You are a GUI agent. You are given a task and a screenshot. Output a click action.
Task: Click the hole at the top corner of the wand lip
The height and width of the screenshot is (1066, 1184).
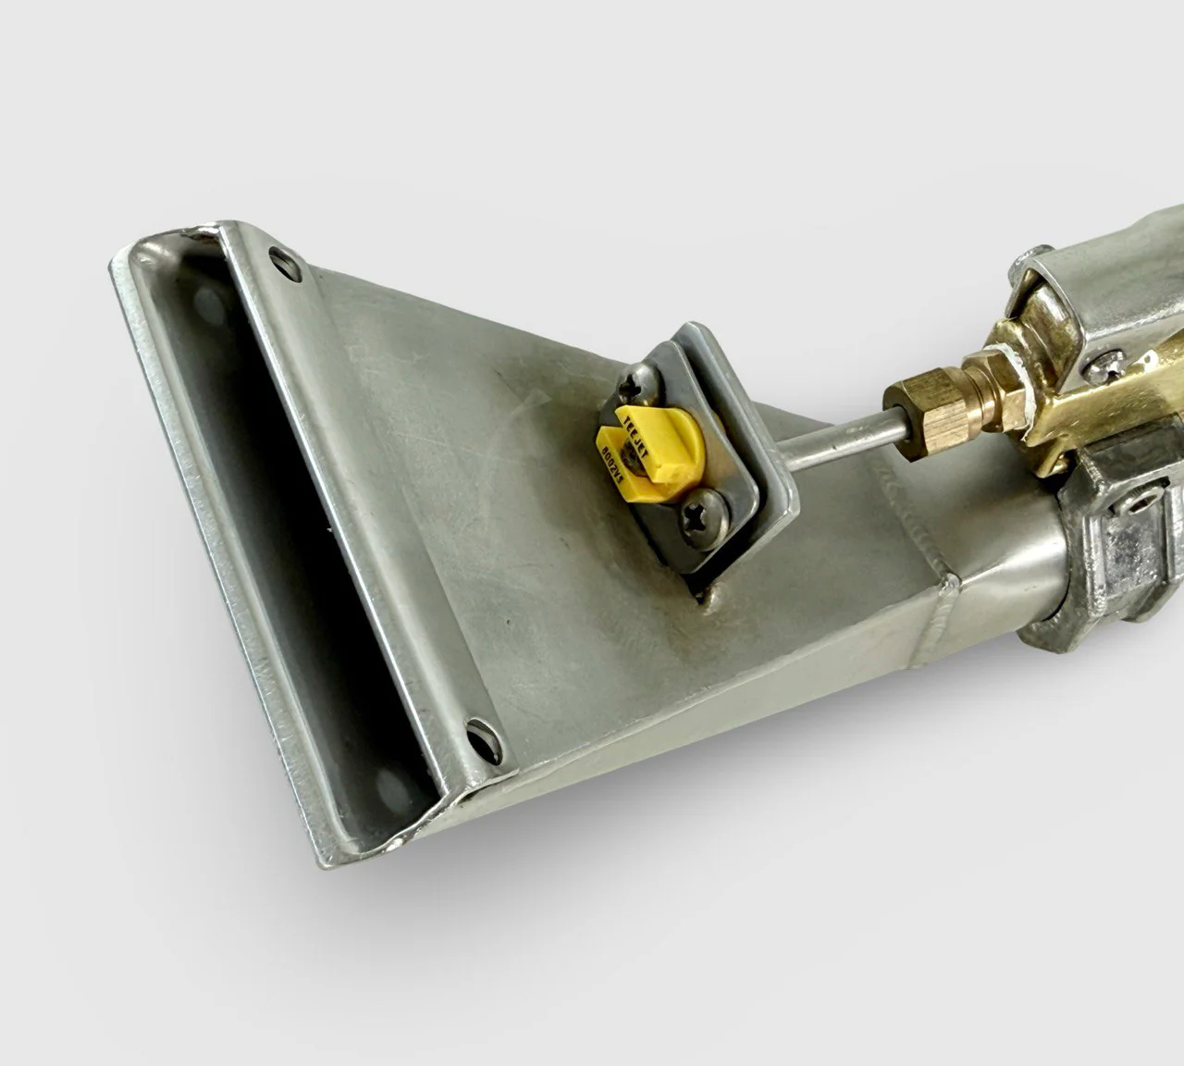point(279,258)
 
